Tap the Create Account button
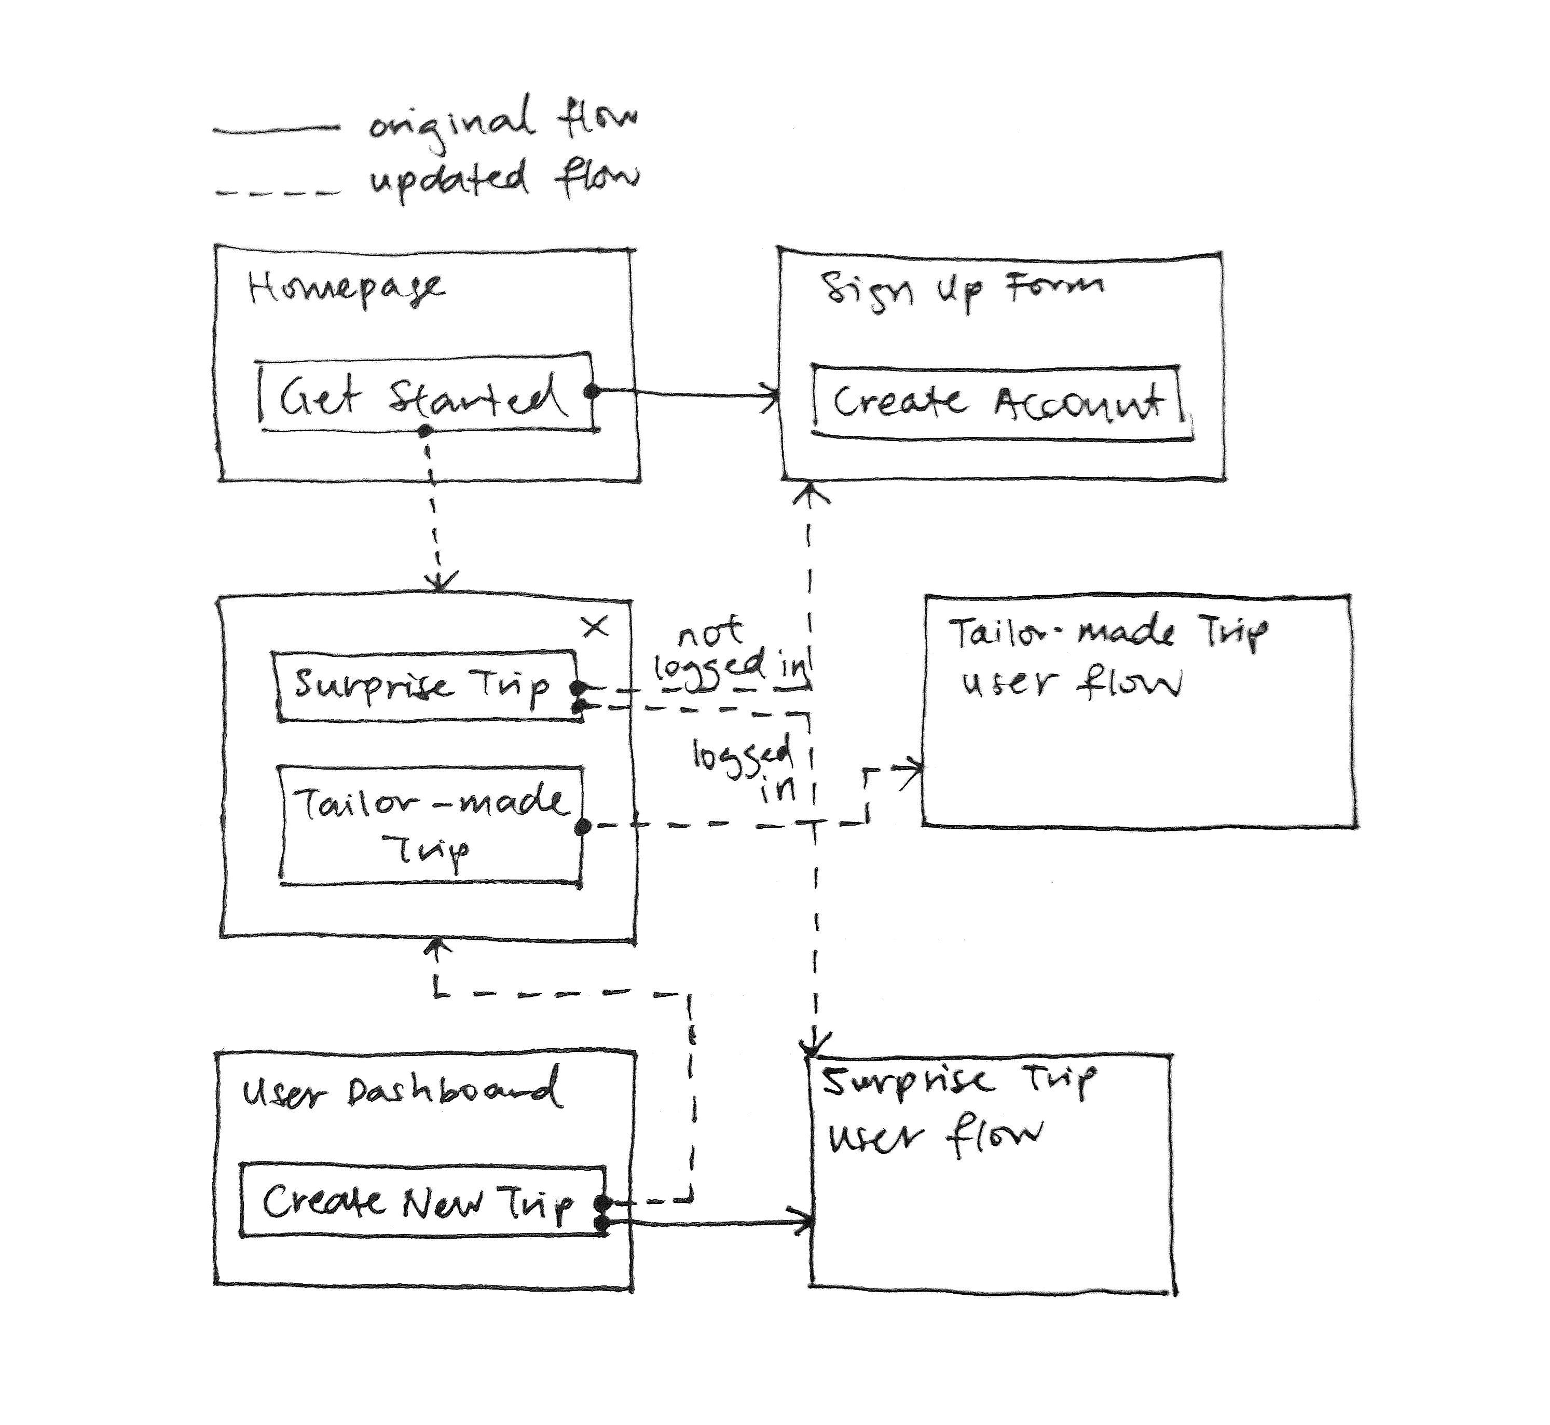(x=1001, y=403)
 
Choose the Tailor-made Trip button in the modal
(x=430, y=825)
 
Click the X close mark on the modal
(x=595, y=627)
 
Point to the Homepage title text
(x=346, y=290)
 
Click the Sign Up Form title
(x=961, y=290)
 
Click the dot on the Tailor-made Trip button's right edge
(x=584, y=827)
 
